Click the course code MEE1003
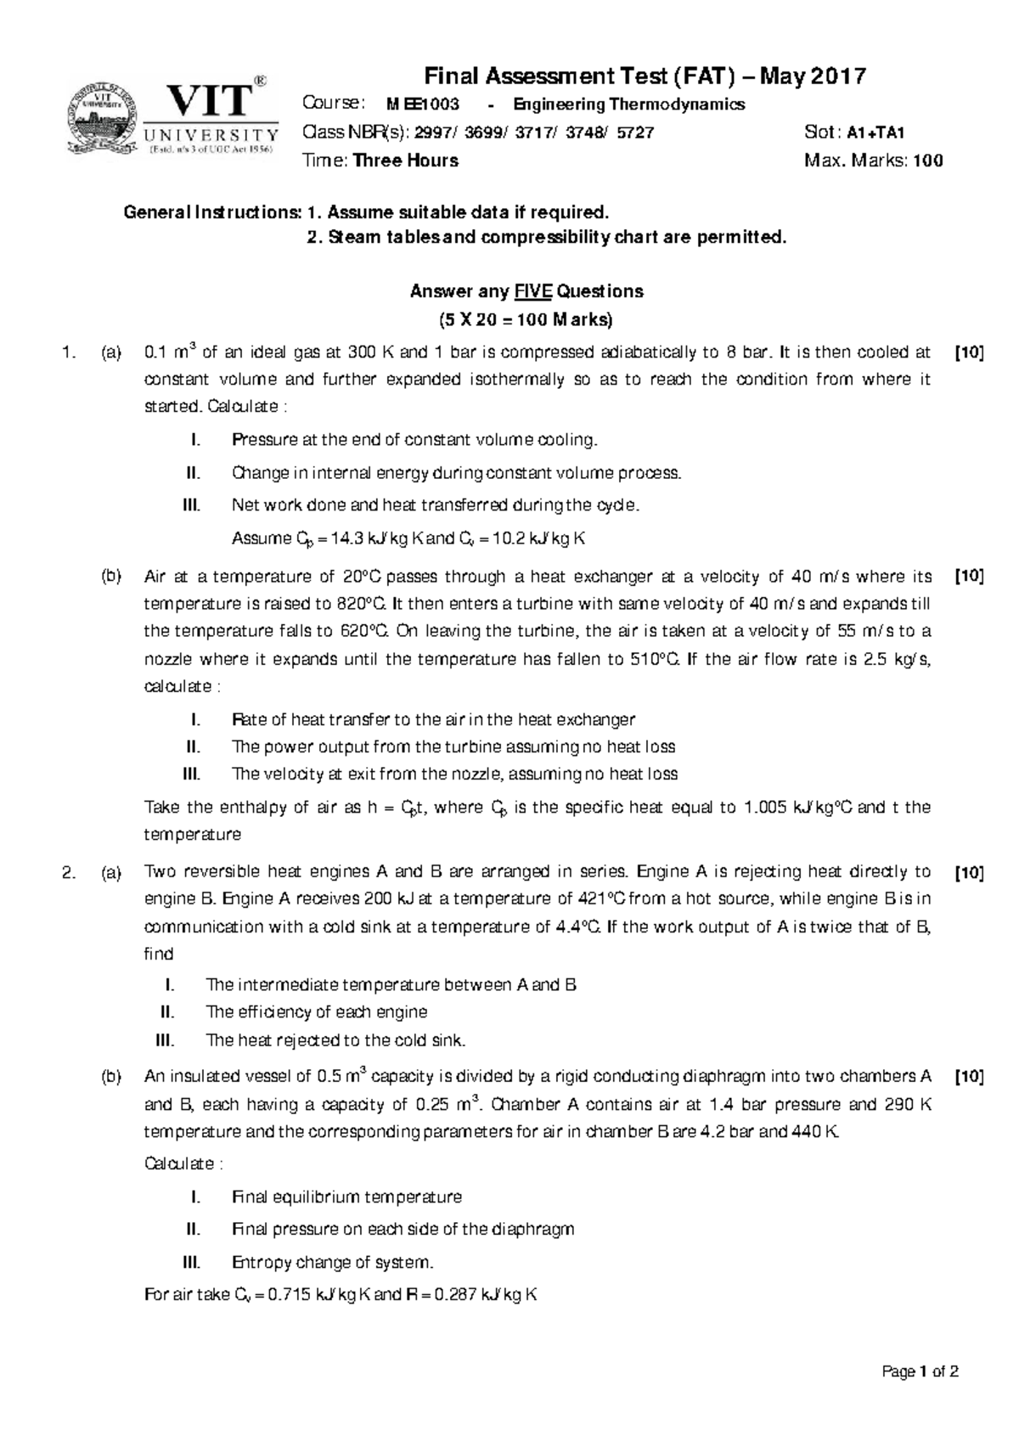pos(423,104)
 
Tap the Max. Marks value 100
pos(927,161)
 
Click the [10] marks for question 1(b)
pos(969,577)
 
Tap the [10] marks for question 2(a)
pos(969,872)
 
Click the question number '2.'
pos(70,872)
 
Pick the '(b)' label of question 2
pos(110,1077)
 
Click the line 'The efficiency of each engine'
pos(316,1012)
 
